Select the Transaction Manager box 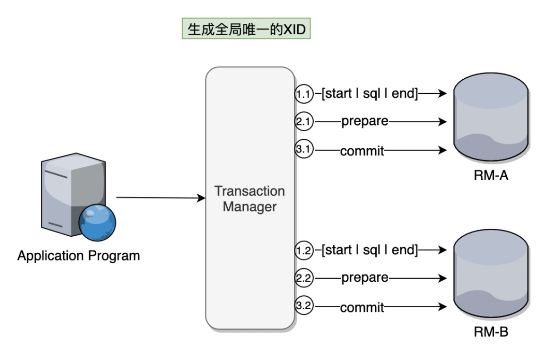point(250,198)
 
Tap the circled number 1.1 point(304,94)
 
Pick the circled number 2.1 point(304,122)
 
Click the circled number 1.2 point(304,251)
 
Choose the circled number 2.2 point(304,278)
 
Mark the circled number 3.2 point(304,306)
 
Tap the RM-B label point(491,332)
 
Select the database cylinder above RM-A point(491,120)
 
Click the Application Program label point(79,256)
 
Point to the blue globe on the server point(97,222)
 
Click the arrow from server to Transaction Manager point(160,198)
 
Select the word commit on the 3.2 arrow point(362,308)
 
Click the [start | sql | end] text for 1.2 point(370,251)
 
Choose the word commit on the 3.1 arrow point(362,152)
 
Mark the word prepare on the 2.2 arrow point(364,278)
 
